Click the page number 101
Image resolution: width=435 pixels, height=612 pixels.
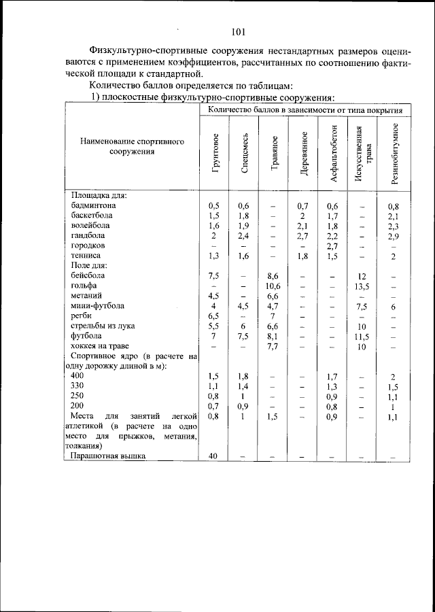[x=238, y=31]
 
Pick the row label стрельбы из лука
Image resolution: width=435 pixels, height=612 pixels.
[x=104, y=327]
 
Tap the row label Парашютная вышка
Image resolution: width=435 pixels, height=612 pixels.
[x=108, y=456]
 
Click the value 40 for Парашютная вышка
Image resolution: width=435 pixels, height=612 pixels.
[x=213, y=456]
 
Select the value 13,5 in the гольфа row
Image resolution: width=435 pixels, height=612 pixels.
[x=362, y=286]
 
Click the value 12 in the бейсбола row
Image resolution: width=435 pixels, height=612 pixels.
[x=362, y=277]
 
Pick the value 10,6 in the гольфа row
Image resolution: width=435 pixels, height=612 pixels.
[x=273, y=286]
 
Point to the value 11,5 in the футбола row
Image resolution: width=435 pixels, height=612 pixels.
[x=362, y=337]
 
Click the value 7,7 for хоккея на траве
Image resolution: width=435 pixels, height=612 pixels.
[x=273, y=347]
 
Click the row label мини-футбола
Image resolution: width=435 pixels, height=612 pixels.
[x=97, y=307]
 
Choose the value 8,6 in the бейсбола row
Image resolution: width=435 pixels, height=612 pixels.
[x=273, y=277]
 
